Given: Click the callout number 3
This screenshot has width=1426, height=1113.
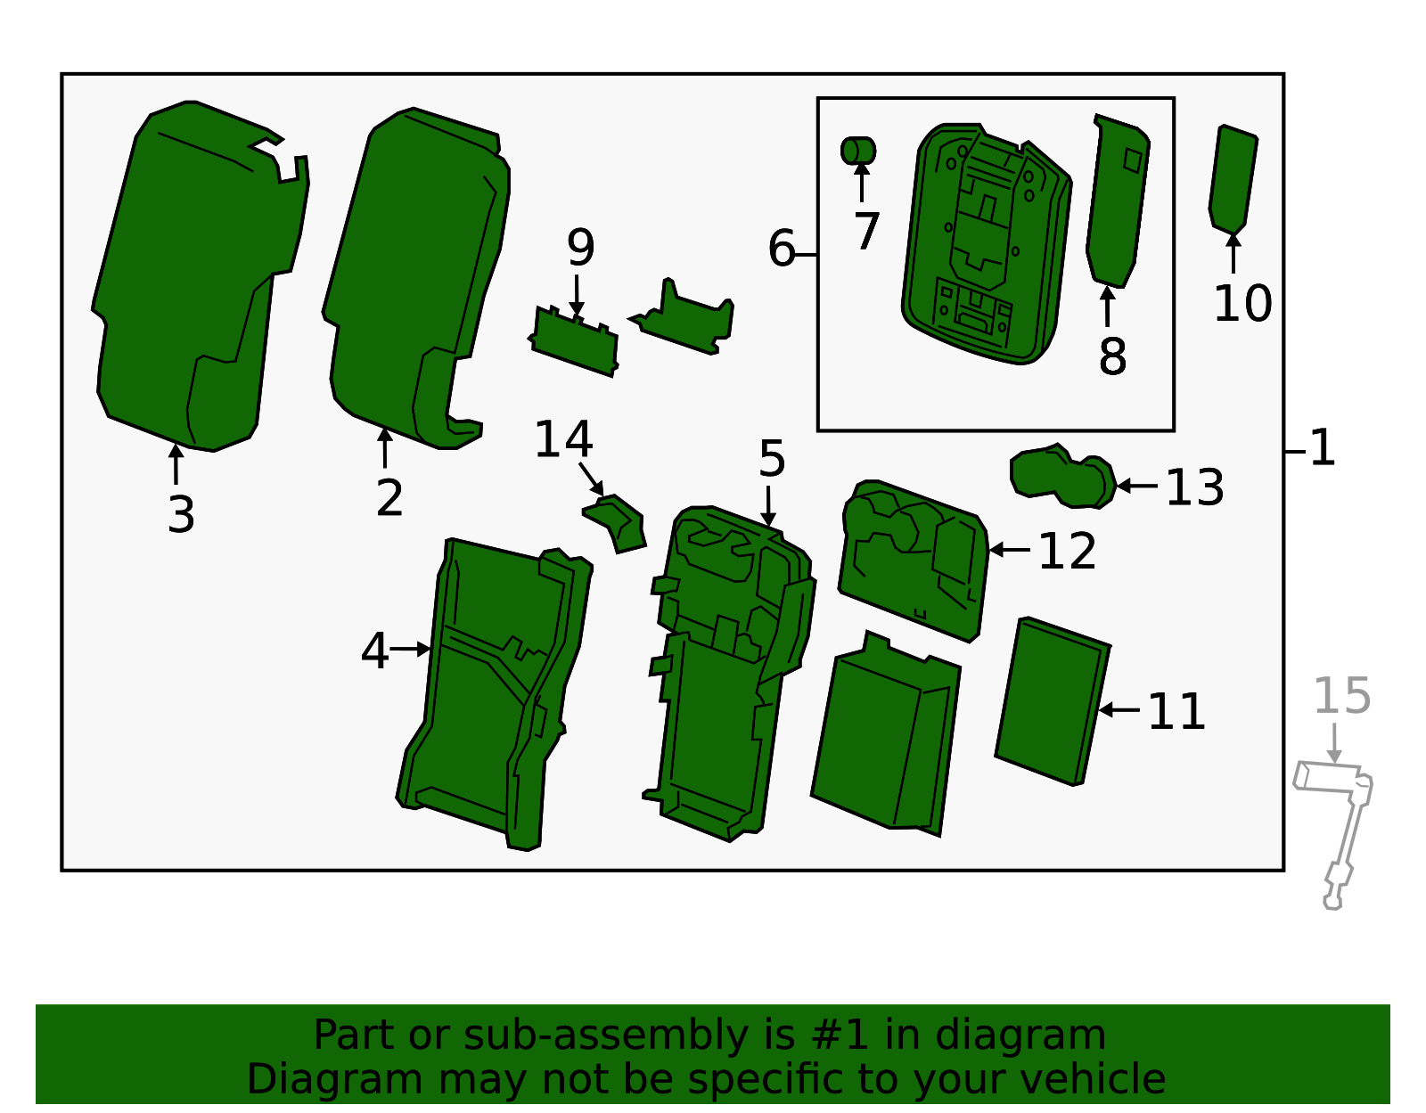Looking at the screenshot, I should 181,515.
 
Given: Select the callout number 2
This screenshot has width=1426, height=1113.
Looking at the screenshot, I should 389,498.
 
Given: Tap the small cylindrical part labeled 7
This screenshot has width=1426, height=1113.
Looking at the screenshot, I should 858,151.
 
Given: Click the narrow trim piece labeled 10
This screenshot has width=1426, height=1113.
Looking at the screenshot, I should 1233,178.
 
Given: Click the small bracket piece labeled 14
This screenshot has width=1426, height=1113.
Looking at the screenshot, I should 617,522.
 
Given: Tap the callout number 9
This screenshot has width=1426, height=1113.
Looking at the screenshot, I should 580,248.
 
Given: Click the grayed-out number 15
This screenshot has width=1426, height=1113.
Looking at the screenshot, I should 1341,696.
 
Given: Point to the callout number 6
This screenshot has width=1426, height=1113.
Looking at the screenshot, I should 781,249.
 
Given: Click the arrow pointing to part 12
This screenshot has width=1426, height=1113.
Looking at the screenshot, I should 1009,550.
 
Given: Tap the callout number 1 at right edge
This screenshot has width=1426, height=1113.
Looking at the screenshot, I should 1323,448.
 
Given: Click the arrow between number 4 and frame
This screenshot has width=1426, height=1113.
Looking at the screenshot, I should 412,650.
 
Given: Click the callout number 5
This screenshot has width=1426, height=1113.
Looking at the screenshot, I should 772,460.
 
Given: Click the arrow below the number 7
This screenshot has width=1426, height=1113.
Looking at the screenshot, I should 861,183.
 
